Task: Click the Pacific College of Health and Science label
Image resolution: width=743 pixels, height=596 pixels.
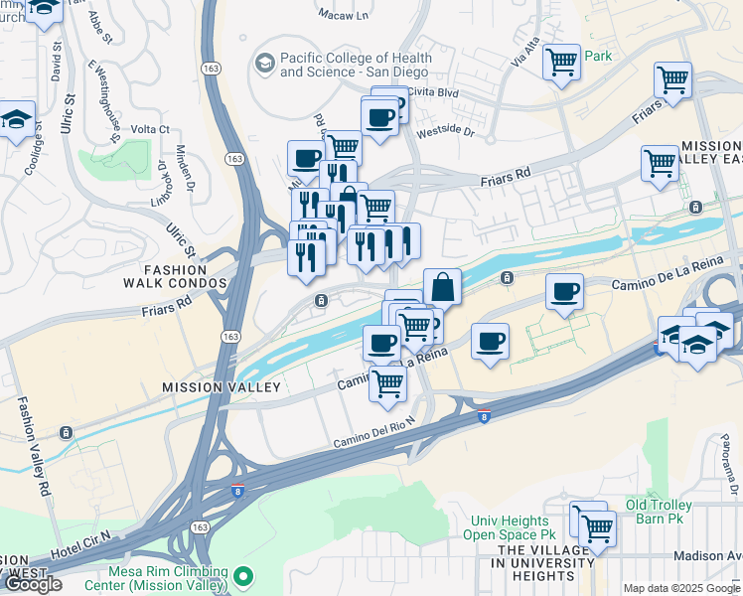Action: (x=355, y=66)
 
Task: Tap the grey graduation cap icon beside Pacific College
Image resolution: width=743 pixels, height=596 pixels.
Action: (x=264, y=64)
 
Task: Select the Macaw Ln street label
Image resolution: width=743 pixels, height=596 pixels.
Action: (x=344, y=15)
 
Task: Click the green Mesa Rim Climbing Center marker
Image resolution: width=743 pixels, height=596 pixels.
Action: (x=244, y=575)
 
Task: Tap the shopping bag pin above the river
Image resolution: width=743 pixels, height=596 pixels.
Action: (x=443, y=287)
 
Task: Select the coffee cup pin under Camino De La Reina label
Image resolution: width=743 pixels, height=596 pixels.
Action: (x=564, y=292)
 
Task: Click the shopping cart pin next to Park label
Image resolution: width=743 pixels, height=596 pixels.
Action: (x=561, y=63)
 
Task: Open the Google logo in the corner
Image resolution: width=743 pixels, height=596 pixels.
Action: (x=32, y=584)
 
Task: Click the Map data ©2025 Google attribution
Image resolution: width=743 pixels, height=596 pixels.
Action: (x=680, y=588)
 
